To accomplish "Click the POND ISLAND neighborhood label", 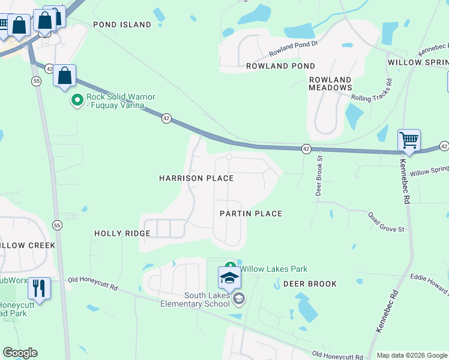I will (122, 25).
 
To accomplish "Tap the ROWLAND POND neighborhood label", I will (280, 66).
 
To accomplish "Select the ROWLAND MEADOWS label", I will (330, 83).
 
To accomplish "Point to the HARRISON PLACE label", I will (196, 178).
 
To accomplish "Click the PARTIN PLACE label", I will (250, 214).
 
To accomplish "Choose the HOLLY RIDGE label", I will (122, 233).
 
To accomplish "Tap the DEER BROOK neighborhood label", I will (310, 283).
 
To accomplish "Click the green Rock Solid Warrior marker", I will (77, 100).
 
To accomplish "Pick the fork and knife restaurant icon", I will (39, 288).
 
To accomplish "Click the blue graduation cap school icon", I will (229, 278).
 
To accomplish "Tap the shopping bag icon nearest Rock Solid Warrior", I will (65, 76).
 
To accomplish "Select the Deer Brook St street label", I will (319, 176).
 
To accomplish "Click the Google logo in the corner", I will (20, 353).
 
